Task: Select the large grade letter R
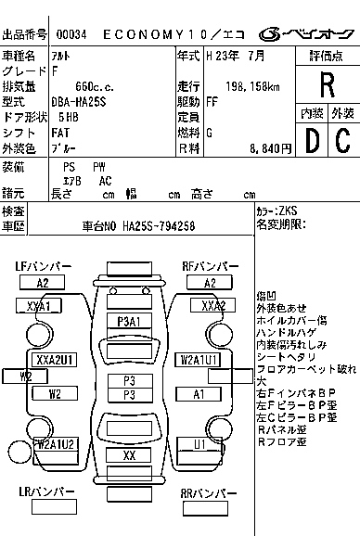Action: tap(327, 84)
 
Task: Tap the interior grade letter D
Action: tap(312, 140)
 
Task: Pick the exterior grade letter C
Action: tap(341, 140)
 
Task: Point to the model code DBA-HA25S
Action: tap(85, 100)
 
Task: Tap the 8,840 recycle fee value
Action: tap(258, 147)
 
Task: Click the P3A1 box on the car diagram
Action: tap(129, 321)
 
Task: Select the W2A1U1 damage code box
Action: tap(199, 359)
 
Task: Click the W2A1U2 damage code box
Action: tap(55, 444)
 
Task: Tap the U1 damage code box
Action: tap(199, 444)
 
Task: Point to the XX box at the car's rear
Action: tap(129, 455)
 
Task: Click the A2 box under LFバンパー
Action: tap(43, 283)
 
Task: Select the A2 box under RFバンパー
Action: tap(211, 283)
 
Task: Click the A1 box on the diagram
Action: tap(199, 394)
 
